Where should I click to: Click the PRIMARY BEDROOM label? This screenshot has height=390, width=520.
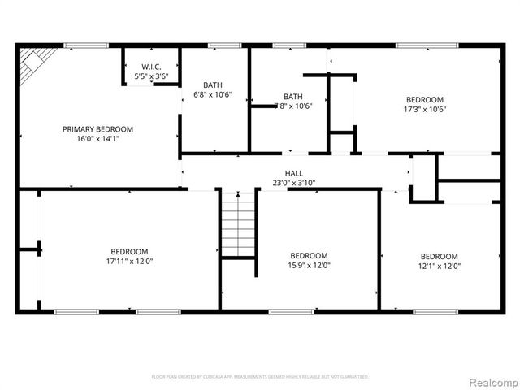click(x=97, y=129)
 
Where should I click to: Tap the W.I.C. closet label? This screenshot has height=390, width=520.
click(x=151, y=67)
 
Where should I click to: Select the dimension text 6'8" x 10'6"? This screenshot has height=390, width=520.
click(x=213, y=94)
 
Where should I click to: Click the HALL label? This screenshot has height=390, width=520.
click(x=294, y=173)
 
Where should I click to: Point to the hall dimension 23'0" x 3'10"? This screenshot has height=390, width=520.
click(x=294, y=183)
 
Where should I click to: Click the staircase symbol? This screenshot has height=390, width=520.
click(x=238, y=224)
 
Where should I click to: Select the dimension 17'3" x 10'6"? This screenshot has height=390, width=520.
click(x=425, y=110)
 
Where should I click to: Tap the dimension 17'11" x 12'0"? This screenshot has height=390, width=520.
click(x=129, y=262)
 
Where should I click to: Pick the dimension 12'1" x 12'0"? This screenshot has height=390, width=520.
click(x=439, y=266)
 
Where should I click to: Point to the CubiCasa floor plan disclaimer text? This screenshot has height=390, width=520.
click(x=260, y=377)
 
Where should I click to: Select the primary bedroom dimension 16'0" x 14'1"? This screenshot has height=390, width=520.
click(x=97, y=139)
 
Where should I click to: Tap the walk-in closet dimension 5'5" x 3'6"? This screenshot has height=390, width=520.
click(x=151, y=76)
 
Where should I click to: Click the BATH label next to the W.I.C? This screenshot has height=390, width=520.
click(x=213, y=84)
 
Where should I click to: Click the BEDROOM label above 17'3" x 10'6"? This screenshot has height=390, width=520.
click(x=425, y=100)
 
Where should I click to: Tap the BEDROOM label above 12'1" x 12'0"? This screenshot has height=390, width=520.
click(x=439, y=256)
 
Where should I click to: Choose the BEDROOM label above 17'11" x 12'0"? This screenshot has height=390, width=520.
click(x=129, y=252)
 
